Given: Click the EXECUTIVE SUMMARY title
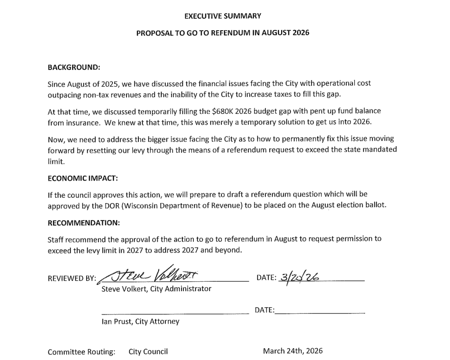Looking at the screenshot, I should point(222,16).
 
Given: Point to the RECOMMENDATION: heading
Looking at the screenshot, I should point(83,223).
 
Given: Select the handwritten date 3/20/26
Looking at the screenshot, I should point(299,276).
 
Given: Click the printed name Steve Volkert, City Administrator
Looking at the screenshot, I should point(156,289).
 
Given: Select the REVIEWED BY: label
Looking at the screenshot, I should point(72,278).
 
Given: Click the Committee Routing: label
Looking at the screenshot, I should point(82,352).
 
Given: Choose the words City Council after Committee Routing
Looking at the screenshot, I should point(148,352).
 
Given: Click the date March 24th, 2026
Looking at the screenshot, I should point(293,351).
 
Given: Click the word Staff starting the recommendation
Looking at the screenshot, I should point(56,239).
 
